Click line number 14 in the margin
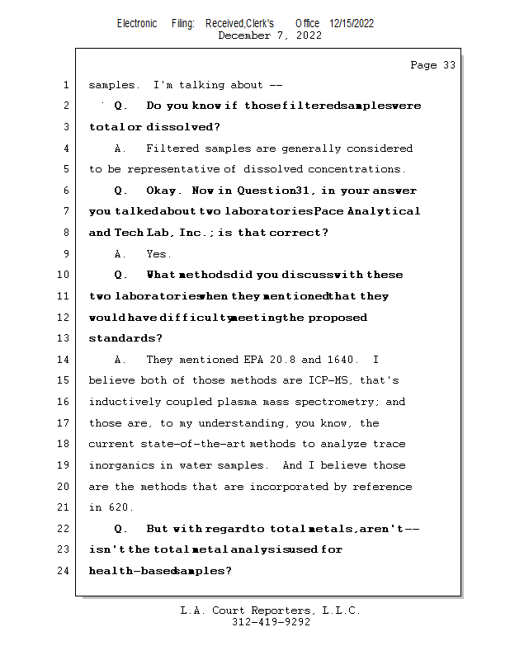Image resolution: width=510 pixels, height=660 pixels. pyautogui.click(x=64, y=360)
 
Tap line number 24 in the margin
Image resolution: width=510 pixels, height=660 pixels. pyautogui.click(x=64, y=570)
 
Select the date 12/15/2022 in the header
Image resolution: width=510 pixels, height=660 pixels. pyautogui.click(x=352, y=24)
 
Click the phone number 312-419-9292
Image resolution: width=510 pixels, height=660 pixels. pyautogui.click(x=271, y=623)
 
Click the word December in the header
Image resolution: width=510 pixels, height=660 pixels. pyautogui.click(x=244, y=35)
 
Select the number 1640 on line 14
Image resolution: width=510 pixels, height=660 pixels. pyautogui.click(x=341, y=360)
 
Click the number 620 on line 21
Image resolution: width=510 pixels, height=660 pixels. pyautogui.click(x=120, y=507)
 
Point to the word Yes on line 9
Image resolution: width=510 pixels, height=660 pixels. pyautogui.click(x=158, y=254)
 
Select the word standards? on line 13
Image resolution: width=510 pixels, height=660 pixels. pyautogui.click(x=125, y=338)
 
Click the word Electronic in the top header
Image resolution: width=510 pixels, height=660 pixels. pyautogui.click(x=137, y=24)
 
